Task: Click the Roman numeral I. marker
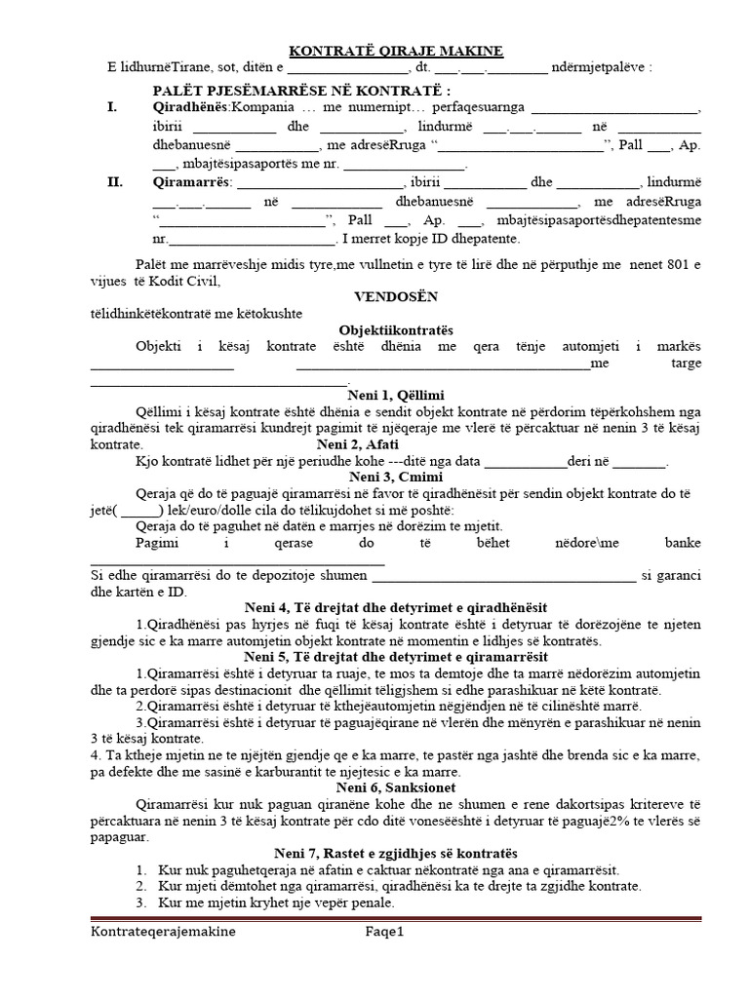pos(114,106)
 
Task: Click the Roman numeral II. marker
pos(116,182)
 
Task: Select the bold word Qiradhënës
pos(190,106)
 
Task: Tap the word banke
pos(681,542)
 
